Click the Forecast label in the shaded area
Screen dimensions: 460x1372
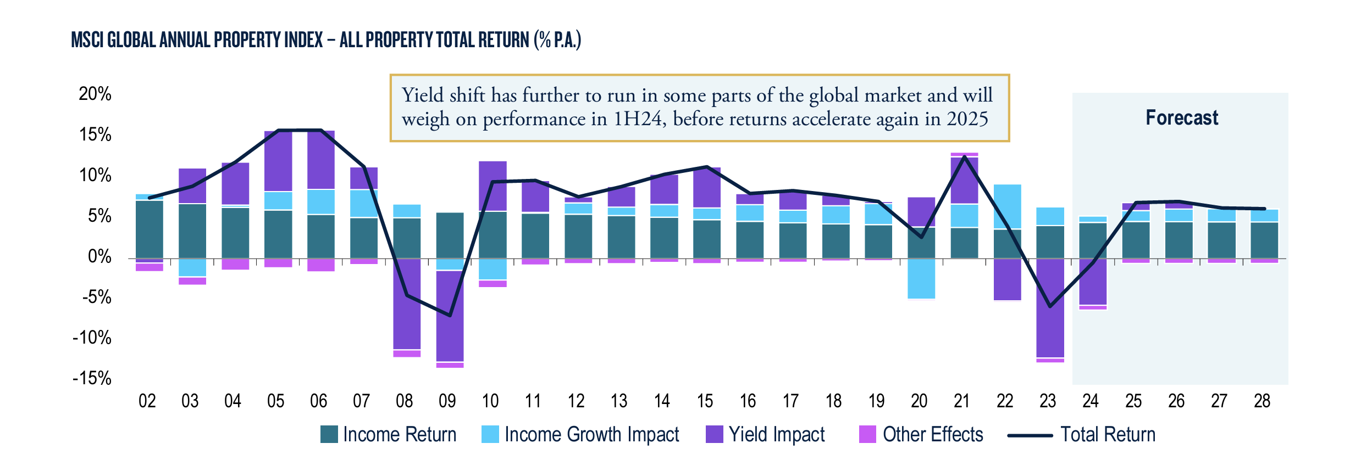tap(1181, 118)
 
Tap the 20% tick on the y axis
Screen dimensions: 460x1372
tap(95, 94)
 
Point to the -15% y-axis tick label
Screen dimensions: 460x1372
tap(92, 378)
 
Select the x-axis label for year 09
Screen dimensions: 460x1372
tap(447, 401)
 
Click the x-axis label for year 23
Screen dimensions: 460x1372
tap(1048, 401)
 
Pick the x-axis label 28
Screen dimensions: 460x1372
tap(1262, 401)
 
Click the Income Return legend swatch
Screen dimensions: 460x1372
tap(329, 434)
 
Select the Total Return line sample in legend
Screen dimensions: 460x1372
tap(1030, 435)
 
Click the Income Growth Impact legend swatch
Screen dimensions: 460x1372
tap(490, 434)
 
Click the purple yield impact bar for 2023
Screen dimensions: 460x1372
tap(1050, 307)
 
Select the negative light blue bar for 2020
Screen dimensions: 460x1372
tap(921, 278)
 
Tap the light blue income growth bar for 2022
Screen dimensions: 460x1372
tap(1007, 206)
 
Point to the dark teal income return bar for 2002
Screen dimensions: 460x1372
tap(149, 229)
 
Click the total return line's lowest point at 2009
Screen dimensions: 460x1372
tap(450, 316)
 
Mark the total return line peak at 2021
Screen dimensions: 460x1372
tap(964, 156)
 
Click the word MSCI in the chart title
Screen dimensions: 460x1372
tap(87, 40)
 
